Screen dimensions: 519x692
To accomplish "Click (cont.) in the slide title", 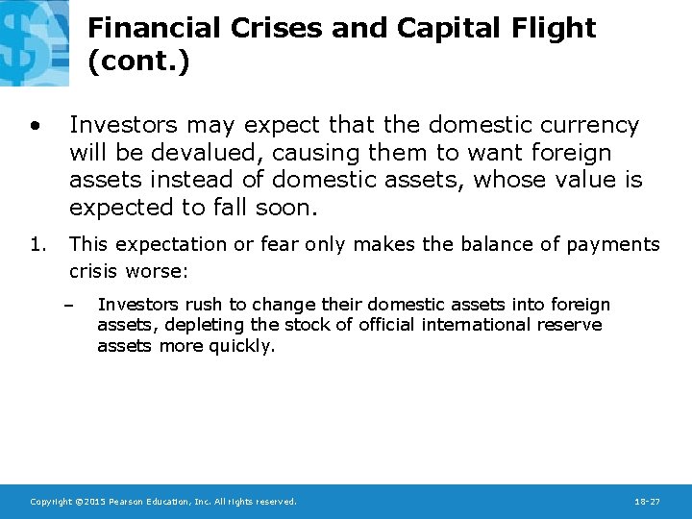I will click(138, 62).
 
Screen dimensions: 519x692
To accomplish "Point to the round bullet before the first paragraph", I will click(35, 126).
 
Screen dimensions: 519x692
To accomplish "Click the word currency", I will click(588, 126).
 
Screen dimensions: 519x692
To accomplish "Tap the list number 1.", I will click(36, 244).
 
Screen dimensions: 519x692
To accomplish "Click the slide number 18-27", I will click(647, 502).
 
